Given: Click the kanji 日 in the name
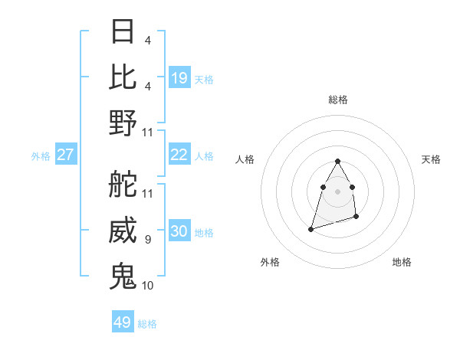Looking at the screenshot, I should (123, 31).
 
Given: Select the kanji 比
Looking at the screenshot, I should (123, 77).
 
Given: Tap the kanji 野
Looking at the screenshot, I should (123, 123).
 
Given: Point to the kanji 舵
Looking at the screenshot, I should (123, 185).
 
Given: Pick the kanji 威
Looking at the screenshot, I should (123, 231).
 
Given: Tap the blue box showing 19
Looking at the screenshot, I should (179, 77).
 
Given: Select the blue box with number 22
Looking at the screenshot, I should (179, 155).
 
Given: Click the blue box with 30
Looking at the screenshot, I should (179, 231).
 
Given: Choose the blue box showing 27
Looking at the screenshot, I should (66, 155).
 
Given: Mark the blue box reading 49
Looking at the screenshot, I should (123, 322).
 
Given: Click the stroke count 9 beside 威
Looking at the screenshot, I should (147, 241).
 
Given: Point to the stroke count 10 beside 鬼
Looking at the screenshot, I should (148, 286).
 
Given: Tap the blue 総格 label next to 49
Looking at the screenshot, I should (147, 324).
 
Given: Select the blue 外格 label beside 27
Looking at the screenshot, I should (41, 156).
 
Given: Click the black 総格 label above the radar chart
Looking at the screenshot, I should (337, 100).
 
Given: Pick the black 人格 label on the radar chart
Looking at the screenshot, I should (245, 159).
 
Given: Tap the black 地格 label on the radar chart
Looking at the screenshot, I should (402, 263).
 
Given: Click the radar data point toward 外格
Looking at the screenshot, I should (311, 228).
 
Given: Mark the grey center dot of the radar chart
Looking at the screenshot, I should (337, 191).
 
